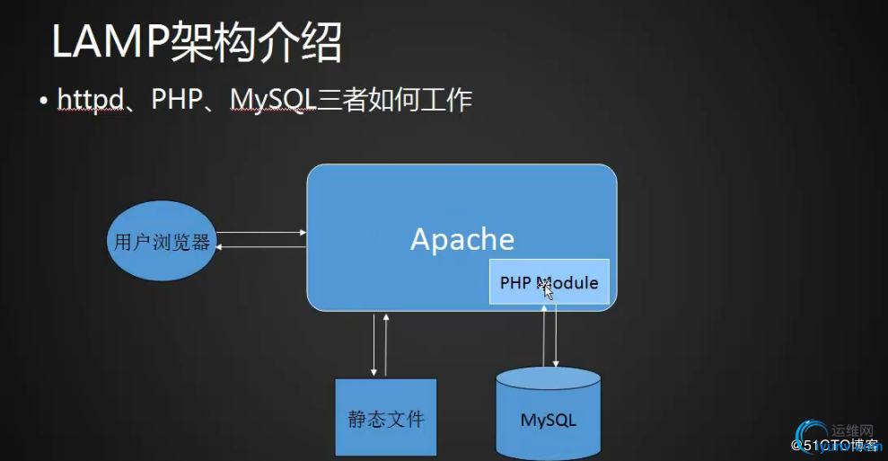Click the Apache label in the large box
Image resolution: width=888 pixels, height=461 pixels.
(x=462, y=239)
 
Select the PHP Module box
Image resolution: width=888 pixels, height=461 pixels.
(x=549, y=282)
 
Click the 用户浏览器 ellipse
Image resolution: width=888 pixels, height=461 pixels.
(x=163, y=242)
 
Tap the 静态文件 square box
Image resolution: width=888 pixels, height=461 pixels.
(x=386, y=418)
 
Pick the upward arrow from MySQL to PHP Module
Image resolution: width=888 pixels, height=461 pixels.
(x=544, y=336)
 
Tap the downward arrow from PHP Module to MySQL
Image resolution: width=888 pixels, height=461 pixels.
(x=557, y=336)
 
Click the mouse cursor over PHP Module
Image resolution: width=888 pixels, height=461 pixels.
(x=545, y=288)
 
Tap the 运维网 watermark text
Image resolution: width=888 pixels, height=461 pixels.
(x=852, y=430)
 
